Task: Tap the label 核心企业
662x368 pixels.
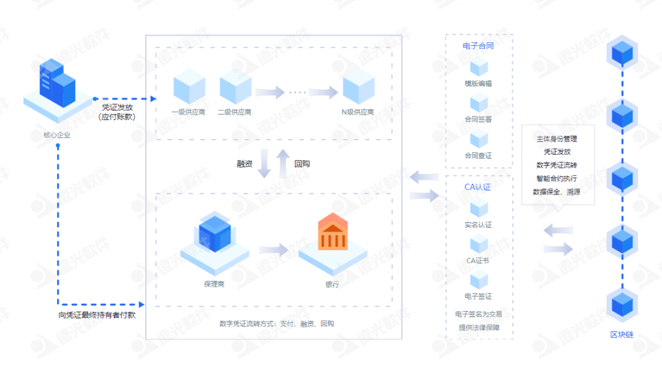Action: [x=57, y=135]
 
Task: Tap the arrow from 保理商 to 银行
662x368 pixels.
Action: [x=273, y=250]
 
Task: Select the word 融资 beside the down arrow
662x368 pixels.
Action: [x=245, y=164]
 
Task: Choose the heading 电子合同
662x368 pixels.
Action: [x=478, y=46]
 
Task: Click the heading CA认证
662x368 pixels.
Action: [x=478, y=187]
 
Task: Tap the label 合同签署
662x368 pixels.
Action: [x=478, y=119]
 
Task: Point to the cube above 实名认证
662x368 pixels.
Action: [x=478, y=208]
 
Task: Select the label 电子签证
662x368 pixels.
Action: [x=478, y=296]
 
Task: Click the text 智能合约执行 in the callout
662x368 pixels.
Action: [x=556, y=179]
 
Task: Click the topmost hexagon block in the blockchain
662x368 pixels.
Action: [x=623, y=53]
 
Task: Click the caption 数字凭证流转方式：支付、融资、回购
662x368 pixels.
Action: [x=276, y=324]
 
